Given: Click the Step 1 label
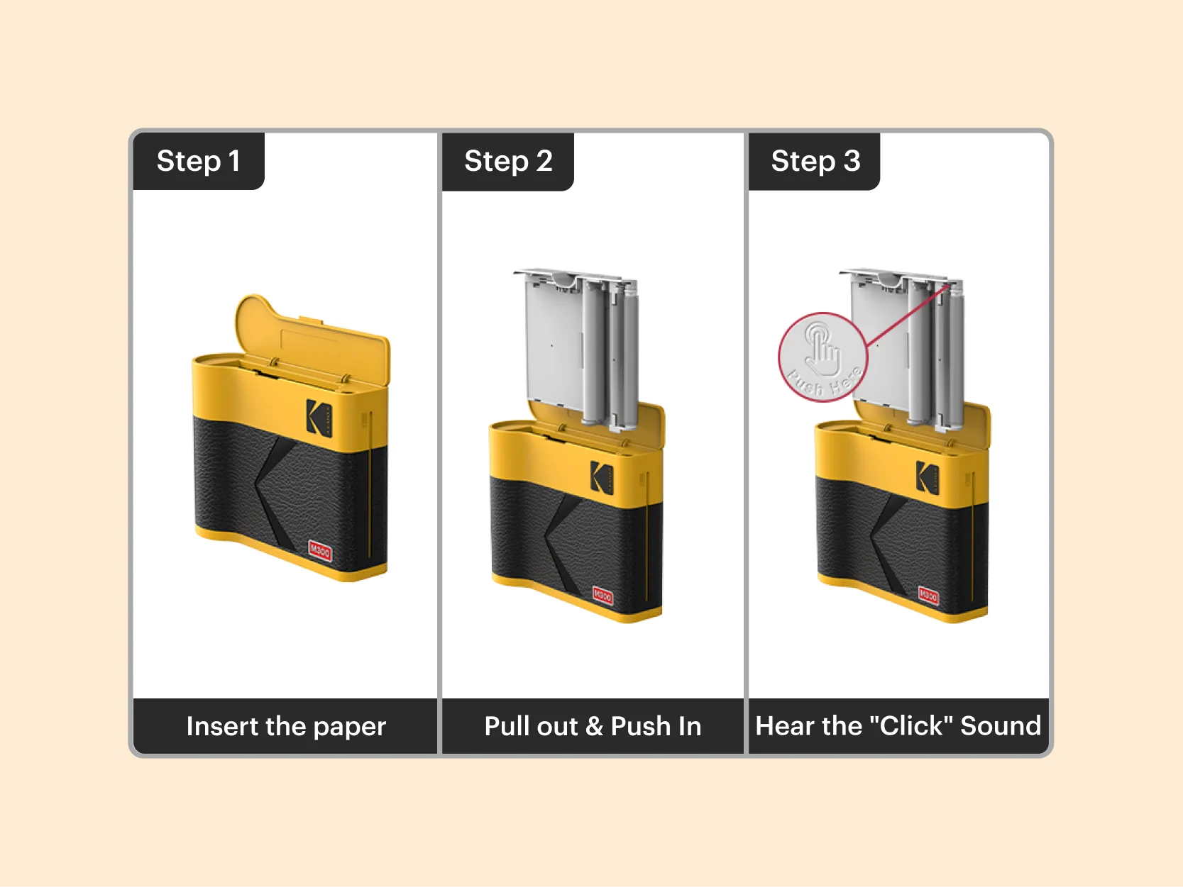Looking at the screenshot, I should [x=198, y=161].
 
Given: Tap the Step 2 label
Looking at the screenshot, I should [x=507, y=161].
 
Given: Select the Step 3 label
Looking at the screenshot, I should [x=815, y=161].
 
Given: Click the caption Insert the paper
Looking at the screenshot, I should [x=285, y=726].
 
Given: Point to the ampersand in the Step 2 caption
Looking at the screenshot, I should [x=594, y=726].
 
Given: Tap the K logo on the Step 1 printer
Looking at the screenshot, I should [x=319, y=417].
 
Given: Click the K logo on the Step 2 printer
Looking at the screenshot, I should [x=602, y=477].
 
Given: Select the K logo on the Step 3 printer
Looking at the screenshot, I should [x=927, y=476].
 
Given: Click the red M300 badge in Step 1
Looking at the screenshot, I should [x=320, y=550].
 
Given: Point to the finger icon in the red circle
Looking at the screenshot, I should [x=822, y=349].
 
